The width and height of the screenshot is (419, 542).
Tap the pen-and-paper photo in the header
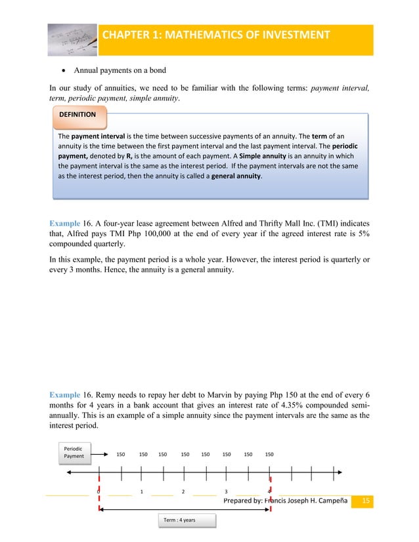[74, 39]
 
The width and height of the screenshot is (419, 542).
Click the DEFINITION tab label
[77, 114]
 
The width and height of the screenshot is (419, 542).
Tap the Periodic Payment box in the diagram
[74, 453]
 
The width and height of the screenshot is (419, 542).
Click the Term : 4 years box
[188, 520]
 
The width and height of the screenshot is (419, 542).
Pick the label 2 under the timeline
[183, 491]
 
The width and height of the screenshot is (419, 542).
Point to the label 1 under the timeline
[142, 491]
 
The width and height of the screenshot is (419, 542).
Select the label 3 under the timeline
[226, 491]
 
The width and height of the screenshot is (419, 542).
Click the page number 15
[366, 501]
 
